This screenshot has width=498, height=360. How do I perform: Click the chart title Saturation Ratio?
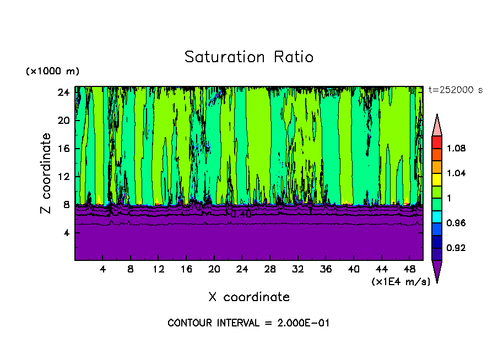249,57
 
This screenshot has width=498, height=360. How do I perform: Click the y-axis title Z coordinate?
46,173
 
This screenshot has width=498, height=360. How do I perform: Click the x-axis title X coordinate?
249,297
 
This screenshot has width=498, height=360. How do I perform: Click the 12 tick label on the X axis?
159,270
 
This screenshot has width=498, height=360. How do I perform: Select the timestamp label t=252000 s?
455,90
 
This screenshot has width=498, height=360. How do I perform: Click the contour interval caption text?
248,323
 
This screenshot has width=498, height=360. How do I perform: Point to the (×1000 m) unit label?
52,72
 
